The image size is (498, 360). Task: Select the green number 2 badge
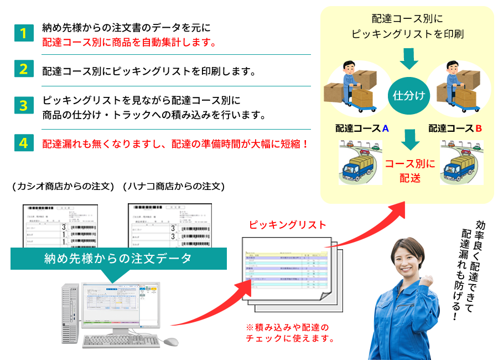23,69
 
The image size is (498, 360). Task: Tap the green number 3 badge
23,105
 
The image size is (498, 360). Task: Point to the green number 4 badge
23,142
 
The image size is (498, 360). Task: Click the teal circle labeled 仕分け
409,95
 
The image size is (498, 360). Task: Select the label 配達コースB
455,128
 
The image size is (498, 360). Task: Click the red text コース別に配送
410,171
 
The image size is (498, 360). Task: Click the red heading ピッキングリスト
287,225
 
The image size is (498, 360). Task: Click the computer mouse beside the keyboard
171,342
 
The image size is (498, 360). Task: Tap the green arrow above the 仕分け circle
409,58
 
